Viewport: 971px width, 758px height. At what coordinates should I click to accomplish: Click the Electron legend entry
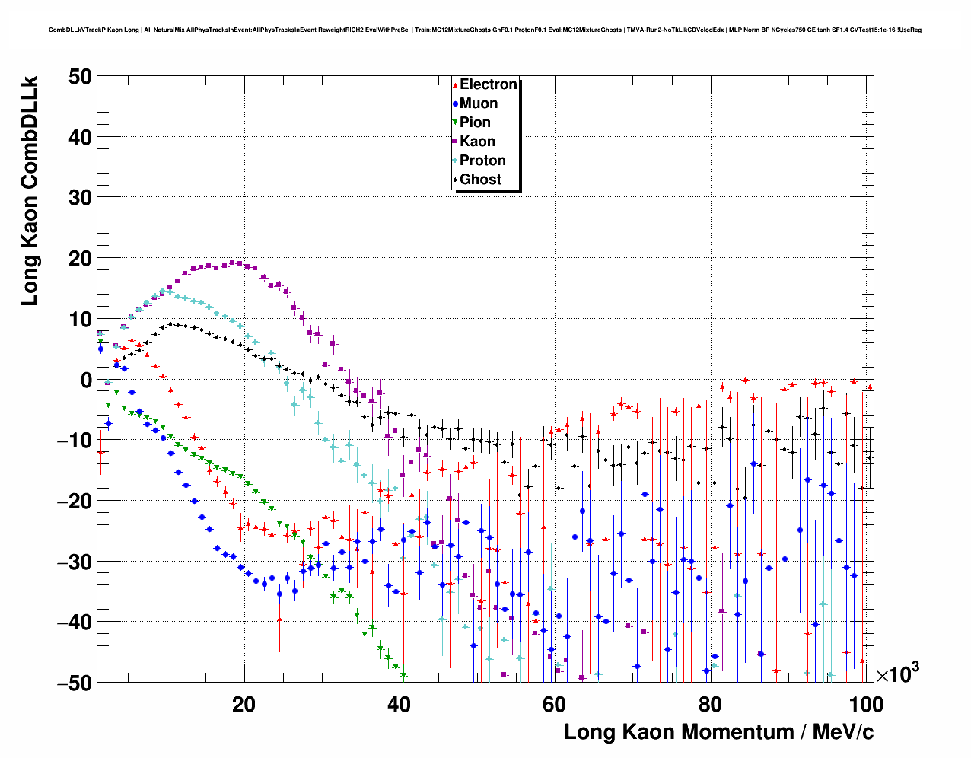(488, 84)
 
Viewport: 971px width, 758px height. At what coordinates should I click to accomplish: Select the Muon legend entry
(478, 104)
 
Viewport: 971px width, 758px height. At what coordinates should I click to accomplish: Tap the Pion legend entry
(475, 123)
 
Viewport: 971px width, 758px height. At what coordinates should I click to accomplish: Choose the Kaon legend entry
(477, 142)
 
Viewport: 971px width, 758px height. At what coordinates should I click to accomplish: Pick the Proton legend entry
(482, 161)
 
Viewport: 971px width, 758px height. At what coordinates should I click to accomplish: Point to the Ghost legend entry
(480, 180)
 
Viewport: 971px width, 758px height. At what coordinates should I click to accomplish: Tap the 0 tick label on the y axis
(84, 380)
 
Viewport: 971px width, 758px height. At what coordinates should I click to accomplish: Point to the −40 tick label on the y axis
(74, 623)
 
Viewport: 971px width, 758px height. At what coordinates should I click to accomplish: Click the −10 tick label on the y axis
(74, 441)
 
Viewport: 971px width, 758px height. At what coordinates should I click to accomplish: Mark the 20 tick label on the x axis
(244, 704)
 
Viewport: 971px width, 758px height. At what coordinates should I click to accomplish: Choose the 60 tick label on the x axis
(554, 704)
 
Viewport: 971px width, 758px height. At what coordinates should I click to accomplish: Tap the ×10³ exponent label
(897, 674)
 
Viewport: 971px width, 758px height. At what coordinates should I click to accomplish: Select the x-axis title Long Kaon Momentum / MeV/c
(718, 732)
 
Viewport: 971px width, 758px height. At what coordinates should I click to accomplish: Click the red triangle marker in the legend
(455, 85)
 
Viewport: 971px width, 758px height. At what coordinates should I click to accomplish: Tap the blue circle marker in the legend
(455, 104)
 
